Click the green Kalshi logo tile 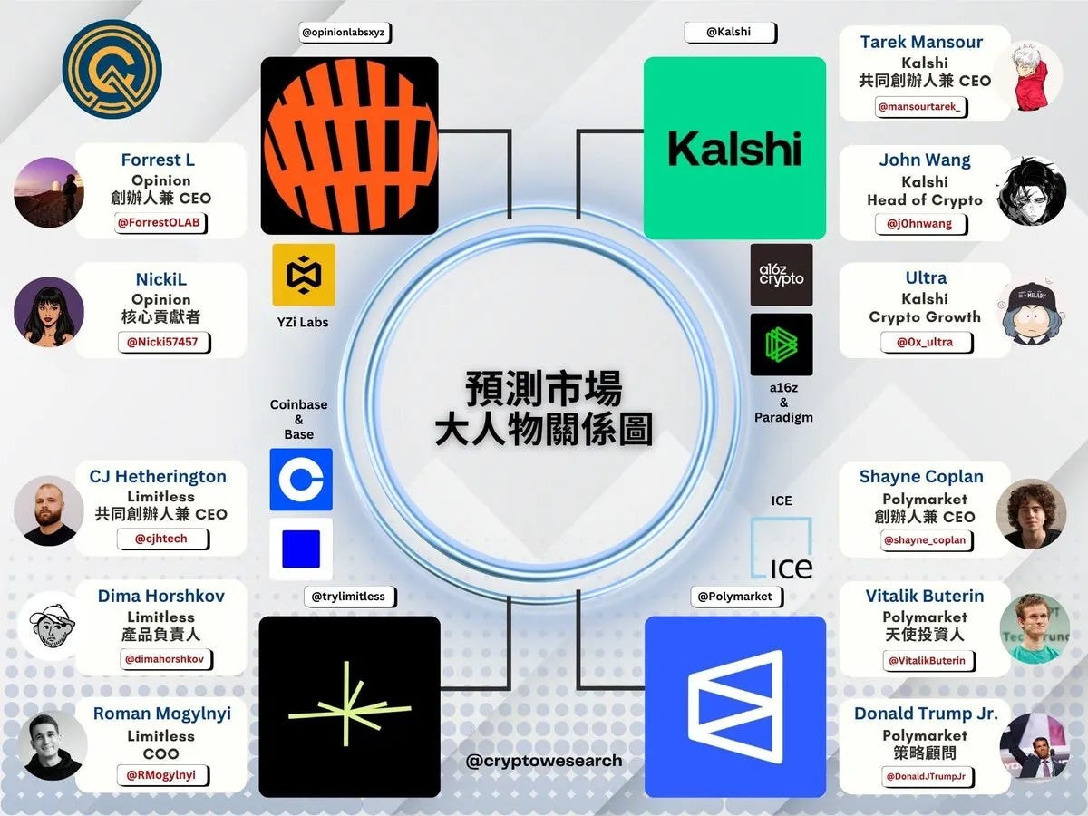[734, 149]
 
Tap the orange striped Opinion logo [349, 146]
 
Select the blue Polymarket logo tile [734, 706]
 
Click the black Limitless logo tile [349, 706]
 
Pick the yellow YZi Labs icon [304, 275]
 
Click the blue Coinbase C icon [301, 479]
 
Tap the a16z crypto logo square [782, 275]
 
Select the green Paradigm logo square [782, 345]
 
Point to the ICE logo [782, 549]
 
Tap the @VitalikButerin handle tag [926, 660]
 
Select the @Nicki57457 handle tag [161, 342]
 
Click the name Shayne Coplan [921, 477]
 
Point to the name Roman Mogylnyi [161, 714]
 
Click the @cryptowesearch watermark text [544, 761]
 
